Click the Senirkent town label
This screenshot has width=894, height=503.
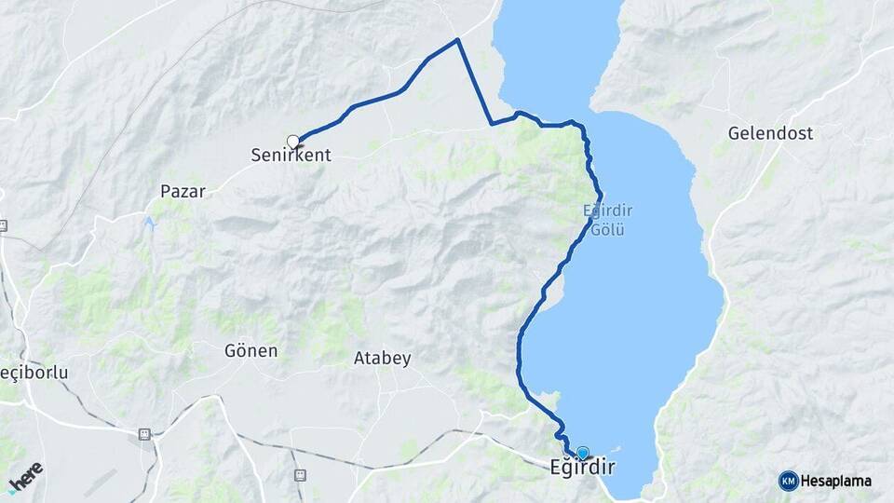(x=291, y=156)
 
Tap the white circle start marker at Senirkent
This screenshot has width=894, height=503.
(x=293, y=142)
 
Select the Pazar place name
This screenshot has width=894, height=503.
(x=183, y=191)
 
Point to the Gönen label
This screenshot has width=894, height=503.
(x=251, y=351)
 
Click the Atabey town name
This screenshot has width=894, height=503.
(x=383, y=358)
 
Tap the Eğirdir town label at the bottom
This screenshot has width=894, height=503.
(x=581, y=468)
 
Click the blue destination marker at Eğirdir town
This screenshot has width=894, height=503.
(x=583, y=453)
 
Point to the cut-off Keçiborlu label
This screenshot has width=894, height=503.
(x=34, y=373)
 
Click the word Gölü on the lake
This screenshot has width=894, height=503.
(x=607, y=228)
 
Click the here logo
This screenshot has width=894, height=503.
(x=25, y=476)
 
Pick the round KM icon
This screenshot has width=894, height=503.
(x=789, y=481)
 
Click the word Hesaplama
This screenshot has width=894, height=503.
(x=835, y=481)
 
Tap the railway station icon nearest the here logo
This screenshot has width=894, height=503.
(x=144, y=434)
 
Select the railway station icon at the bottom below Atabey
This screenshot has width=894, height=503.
(x=300, y=475)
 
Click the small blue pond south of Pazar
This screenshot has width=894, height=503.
(x=149, y=224)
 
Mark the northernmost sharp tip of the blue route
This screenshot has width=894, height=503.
(x=457, y=40)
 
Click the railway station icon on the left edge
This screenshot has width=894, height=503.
(x=4, y=225)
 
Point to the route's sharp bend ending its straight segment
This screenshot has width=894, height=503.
(x=492, y=123)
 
